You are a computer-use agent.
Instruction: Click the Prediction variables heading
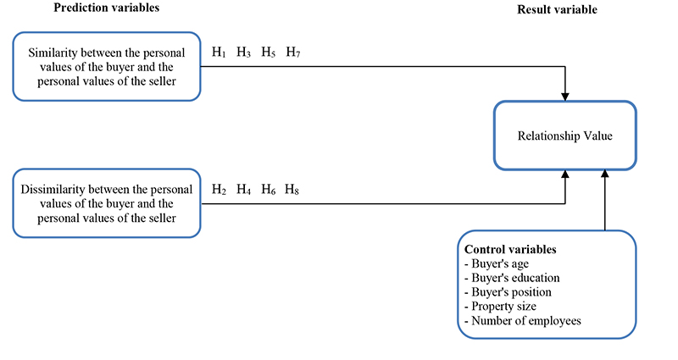point(106,8)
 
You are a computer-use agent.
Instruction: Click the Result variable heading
point(557,9)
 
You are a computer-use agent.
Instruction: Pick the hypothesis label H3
point(243,53)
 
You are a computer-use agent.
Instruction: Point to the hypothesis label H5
point(268,53)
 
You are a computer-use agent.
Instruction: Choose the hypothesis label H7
point(292,53)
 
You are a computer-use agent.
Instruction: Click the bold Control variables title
point(510,250)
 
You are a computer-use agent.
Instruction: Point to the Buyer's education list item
point(512,278)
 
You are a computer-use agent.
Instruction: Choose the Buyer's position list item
point(508,291)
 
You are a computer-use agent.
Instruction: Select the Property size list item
point(502,306)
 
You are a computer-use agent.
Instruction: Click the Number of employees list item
point(521,320)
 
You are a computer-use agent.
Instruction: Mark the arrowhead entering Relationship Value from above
point(565,94)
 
